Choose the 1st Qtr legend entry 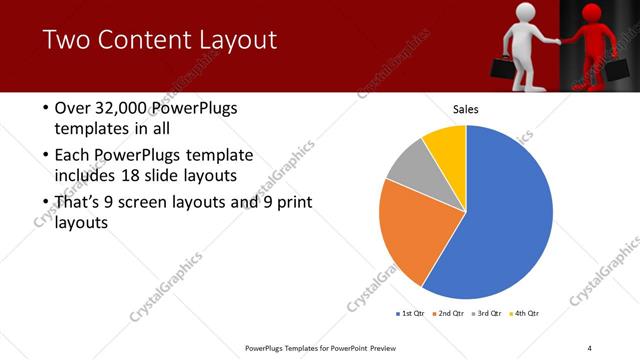click(x=411, y=314)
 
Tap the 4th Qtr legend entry click(x=526, y=314)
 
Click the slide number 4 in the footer click(x=590, y=347)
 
